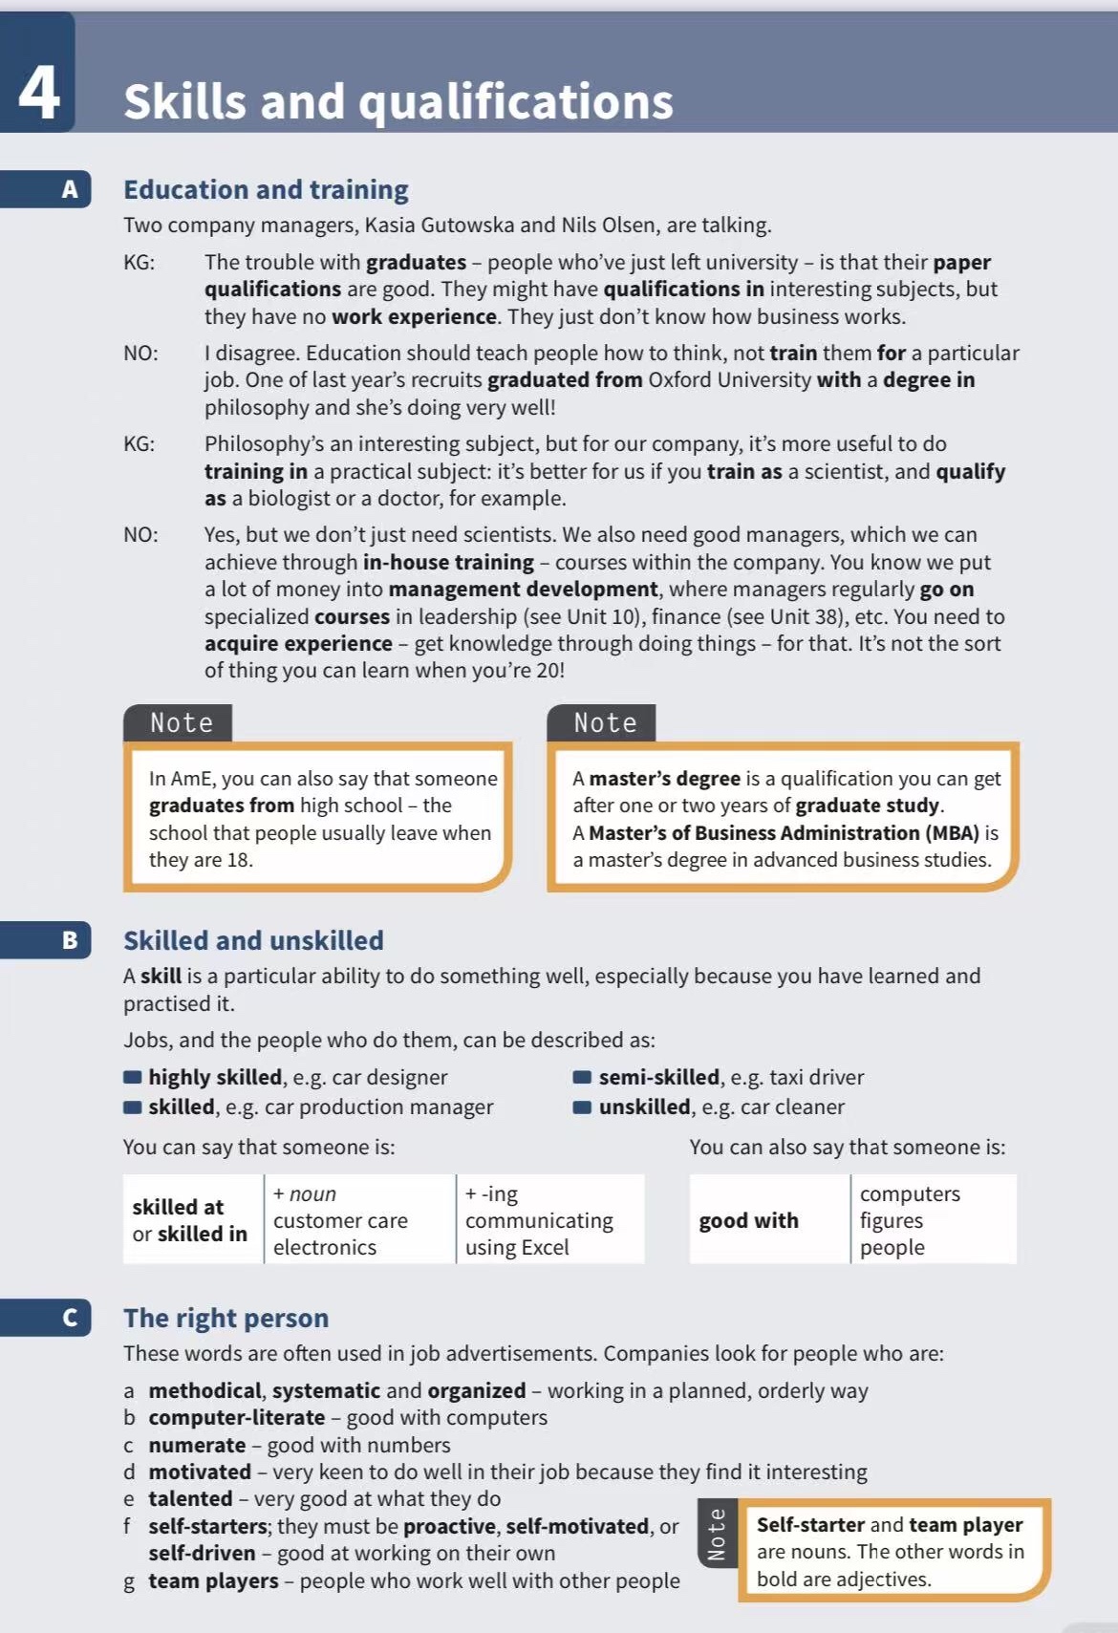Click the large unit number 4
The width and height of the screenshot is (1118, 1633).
click(38, 93)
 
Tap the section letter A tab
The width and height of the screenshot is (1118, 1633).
click(69, 189)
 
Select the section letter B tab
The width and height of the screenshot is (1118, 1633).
click(69, 940)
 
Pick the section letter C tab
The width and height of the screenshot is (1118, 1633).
click(69, 1318)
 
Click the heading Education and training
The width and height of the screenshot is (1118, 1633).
click(266, 189)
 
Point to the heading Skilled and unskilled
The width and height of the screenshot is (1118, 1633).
click(253, 940)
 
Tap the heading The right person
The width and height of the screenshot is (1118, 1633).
click(226, 1318)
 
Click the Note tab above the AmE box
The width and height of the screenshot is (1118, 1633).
click(181, 723)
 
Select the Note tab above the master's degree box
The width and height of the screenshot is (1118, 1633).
click(605, 723)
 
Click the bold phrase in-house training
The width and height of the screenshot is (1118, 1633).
click(448, 562)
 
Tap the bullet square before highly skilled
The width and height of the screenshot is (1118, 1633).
click(133, 1078)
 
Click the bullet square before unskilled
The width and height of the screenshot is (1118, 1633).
click(582, 1107)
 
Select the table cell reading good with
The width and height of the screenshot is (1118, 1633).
click(748, 1220)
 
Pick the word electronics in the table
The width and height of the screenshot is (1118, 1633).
click(325, 1247)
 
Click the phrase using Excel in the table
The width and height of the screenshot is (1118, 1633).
click(517, 1247)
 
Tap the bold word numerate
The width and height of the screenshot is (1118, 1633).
click(197, 1445)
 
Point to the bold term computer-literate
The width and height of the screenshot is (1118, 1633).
click(236, 1417)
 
